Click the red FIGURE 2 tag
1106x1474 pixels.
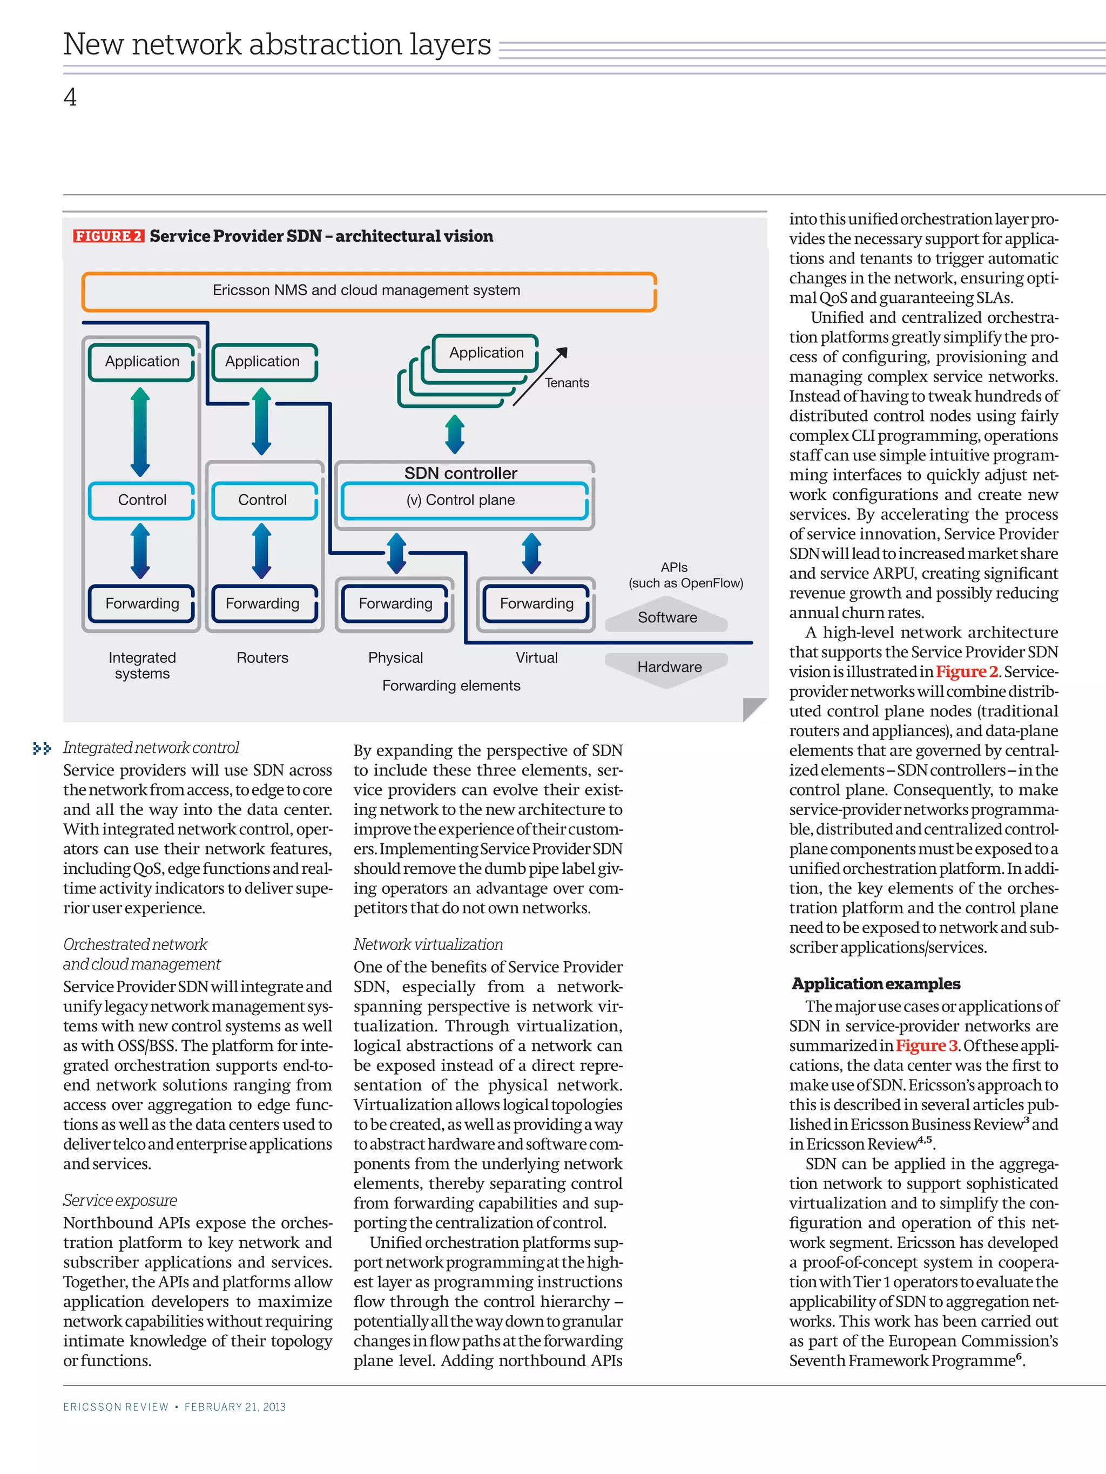(108, 236)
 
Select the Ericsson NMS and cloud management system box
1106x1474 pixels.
(369, 291)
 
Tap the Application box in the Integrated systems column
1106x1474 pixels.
(142, 361)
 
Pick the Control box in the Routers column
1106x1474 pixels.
(262, 500)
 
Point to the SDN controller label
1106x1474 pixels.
(461, 473)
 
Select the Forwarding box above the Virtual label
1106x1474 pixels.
(537, 604)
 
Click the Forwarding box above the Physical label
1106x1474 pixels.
(395, 604)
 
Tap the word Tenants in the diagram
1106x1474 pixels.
(567, 383)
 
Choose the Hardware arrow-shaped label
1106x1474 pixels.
(669, 667)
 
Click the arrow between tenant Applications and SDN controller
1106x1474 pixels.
(455, 434)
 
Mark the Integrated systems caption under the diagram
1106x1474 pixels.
(142, 665)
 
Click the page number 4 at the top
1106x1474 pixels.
(70, 98)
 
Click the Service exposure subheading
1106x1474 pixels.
(120, 1200)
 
